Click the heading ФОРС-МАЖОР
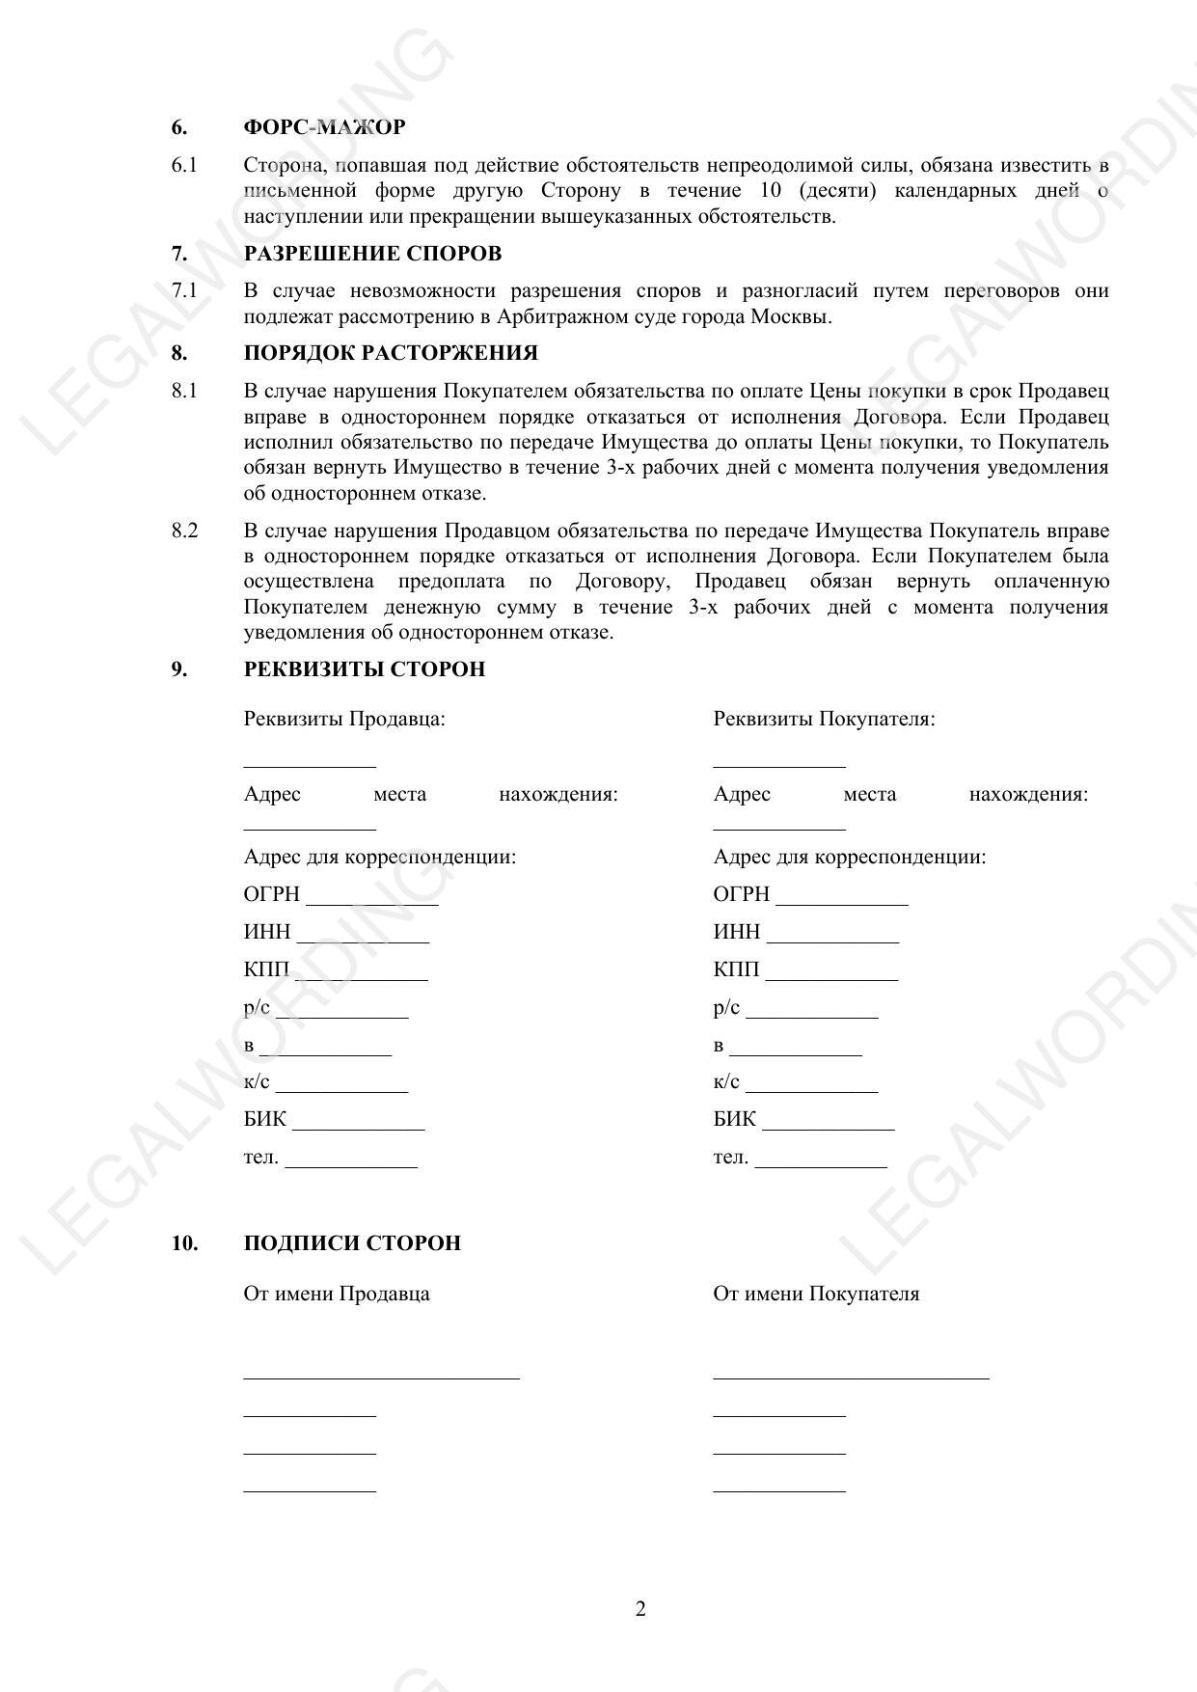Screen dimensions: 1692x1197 [324, 127]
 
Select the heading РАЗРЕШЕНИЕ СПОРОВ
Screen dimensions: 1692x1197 [372, 254]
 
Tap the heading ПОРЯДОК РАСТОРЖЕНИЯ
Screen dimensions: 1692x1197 [391, 353]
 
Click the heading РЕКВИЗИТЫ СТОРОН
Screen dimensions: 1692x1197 [365, 669]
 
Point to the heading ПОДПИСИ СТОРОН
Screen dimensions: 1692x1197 [352, 1243]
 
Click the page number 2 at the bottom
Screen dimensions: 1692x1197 [640, 1609]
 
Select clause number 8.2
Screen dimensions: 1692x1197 [184, 531]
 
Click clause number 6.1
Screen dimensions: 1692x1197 [184, 165]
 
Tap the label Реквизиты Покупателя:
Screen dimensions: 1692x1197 [824, 719]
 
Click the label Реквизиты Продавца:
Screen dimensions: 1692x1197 [344, 719]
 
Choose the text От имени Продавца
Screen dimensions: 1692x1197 [337, 1294]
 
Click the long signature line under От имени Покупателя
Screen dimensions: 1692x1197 [851, 1378]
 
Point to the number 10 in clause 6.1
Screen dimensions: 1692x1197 [771, 191]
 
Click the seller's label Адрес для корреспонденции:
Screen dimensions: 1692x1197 [379, 857]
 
